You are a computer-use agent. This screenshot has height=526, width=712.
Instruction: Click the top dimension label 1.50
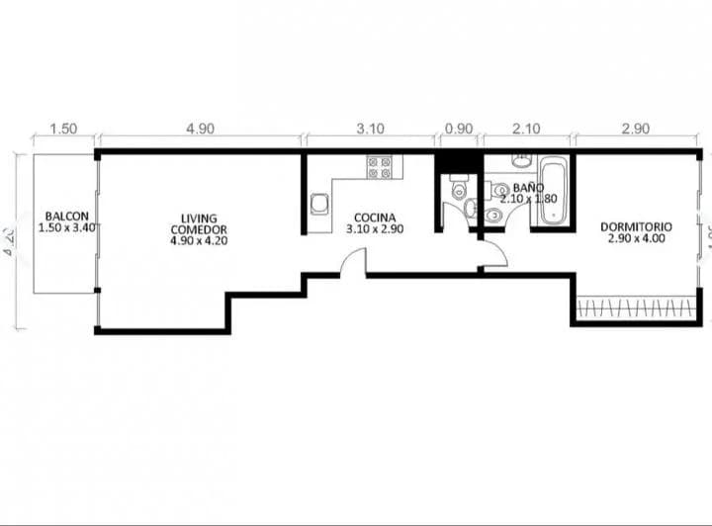tap(63, 130)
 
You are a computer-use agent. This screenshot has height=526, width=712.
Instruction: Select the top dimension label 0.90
tap(459, 130)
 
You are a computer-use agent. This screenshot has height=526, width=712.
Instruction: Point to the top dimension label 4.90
tap(200, 130)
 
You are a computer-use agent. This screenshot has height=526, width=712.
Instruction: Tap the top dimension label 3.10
tap(371, 130)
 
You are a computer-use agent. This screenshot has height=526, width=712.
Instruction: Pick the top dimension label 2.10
tap(525, 130)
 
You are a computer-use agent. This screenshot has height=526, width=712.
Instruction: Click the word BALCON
tap(66, 217)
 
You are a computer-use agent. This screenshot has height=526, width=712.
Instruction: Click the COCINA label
tap(372, 218)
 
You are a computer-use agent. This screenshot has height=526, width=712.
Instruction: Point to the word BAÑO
tap(527, 186)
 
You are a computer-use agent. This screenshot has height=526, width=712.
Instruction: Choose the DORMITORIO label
tap(636, 226)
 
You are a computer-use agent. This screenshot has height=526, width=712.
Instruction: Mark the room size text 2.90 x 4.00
tap(636, 238)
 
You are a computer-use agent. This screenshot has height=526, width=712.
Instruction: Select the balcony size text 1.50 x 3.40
tap(67, 227)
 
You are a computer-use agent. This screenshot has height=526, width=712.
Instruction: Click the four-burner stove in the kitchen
tap(379, 167)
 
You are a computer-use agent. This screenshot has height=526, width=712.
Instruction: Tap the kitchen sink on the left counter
tap(320, 205)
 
